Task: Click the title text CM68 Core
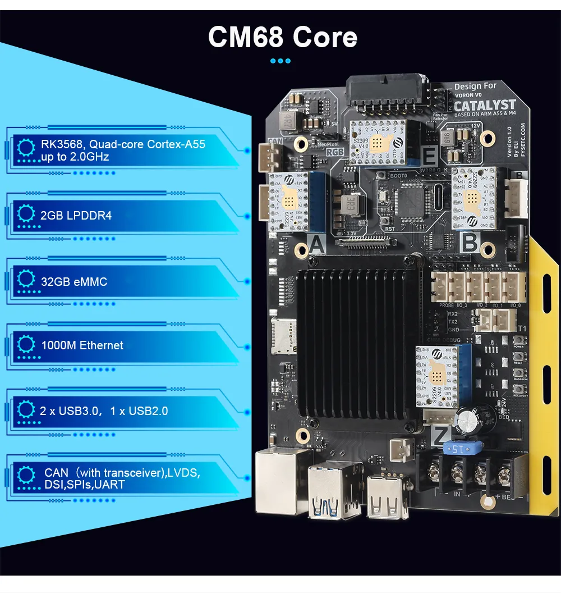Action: tap(282, 37)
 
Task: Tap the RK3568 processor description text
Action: tap(123, 150)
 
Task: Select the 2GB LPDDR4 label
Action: tap(76, 215)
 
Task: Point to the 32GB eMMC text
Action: tap(74, 281)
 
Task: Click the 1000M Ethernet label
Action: tap(82, 345)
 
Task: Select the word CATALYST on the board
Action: tap(485, 105)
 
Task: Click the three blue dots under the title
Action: tap(280, 61)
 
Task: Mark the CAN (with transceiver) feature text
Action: tap(121, 478)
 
